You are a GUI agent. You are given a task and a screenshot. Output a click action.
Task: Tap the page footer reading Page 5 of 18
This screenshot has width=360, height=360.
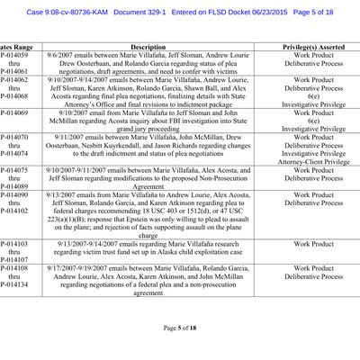(179, 328)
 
